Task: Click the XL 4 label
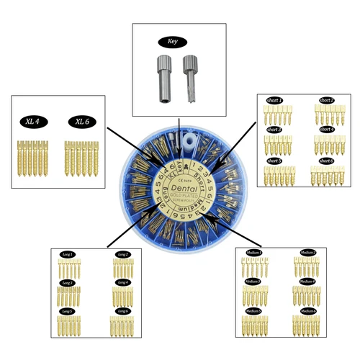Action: pyautogui.click(x=32, y=122)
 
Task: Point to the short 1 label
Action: pyautogui.click(x=275, y=100)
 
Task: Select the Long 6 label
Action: pyautogui.click(x=122, y=310)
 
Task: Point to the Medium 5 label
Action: pyautogui.click(x=253, y=310)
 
